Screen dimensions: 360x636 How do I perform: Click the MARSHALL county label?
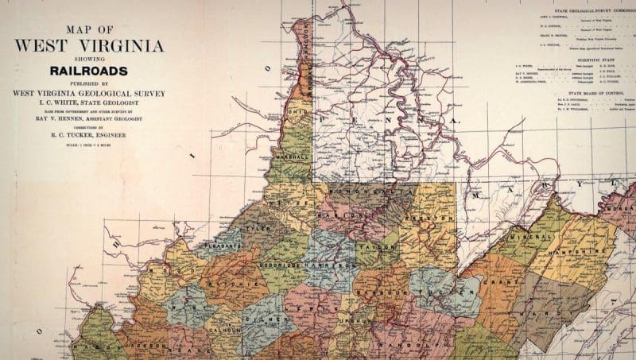point(284,157)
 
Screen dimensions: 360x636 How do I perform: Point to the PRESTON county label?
point(420,218)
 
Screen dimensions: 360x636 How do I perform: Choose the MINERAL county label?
point(514,236)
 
